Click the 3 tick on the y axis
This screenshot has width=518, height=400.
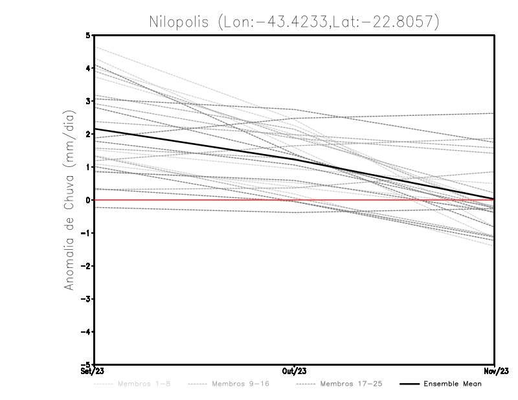(88, 101)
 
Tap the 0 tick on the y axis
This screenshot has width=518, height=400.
(88, 200)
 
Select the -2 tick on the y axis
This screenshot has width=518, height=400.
(86, 266)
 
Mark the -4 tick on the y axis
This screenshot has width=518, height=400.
(86, 331)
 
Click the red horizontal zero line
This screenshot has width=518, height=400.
(194, 200)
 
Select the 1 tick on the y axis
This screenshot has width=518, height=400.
(88, 167)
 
